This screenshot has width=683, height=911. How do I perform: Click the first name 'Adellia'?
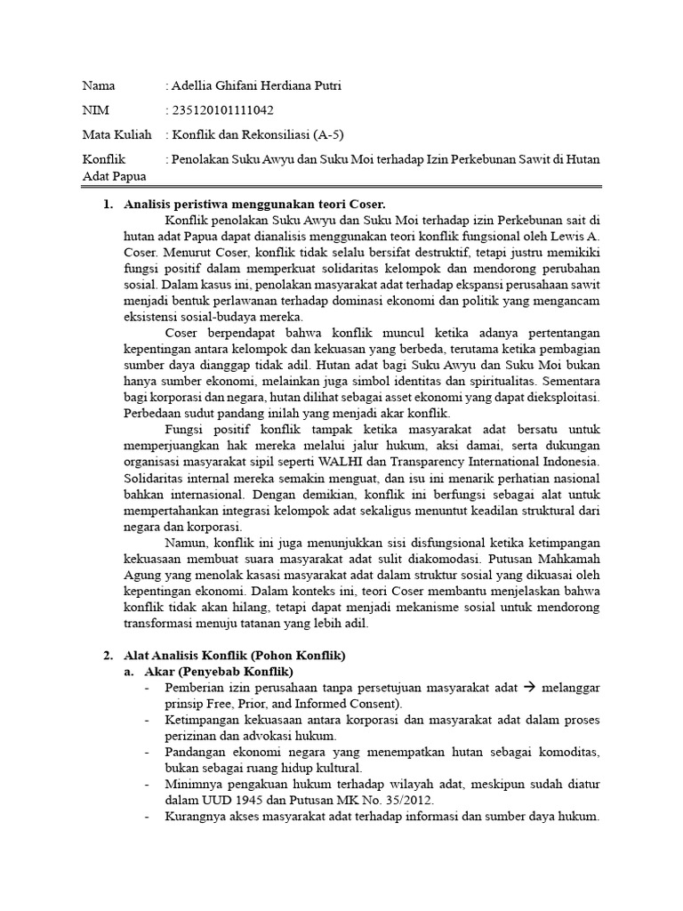click(x=195, y=85)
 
